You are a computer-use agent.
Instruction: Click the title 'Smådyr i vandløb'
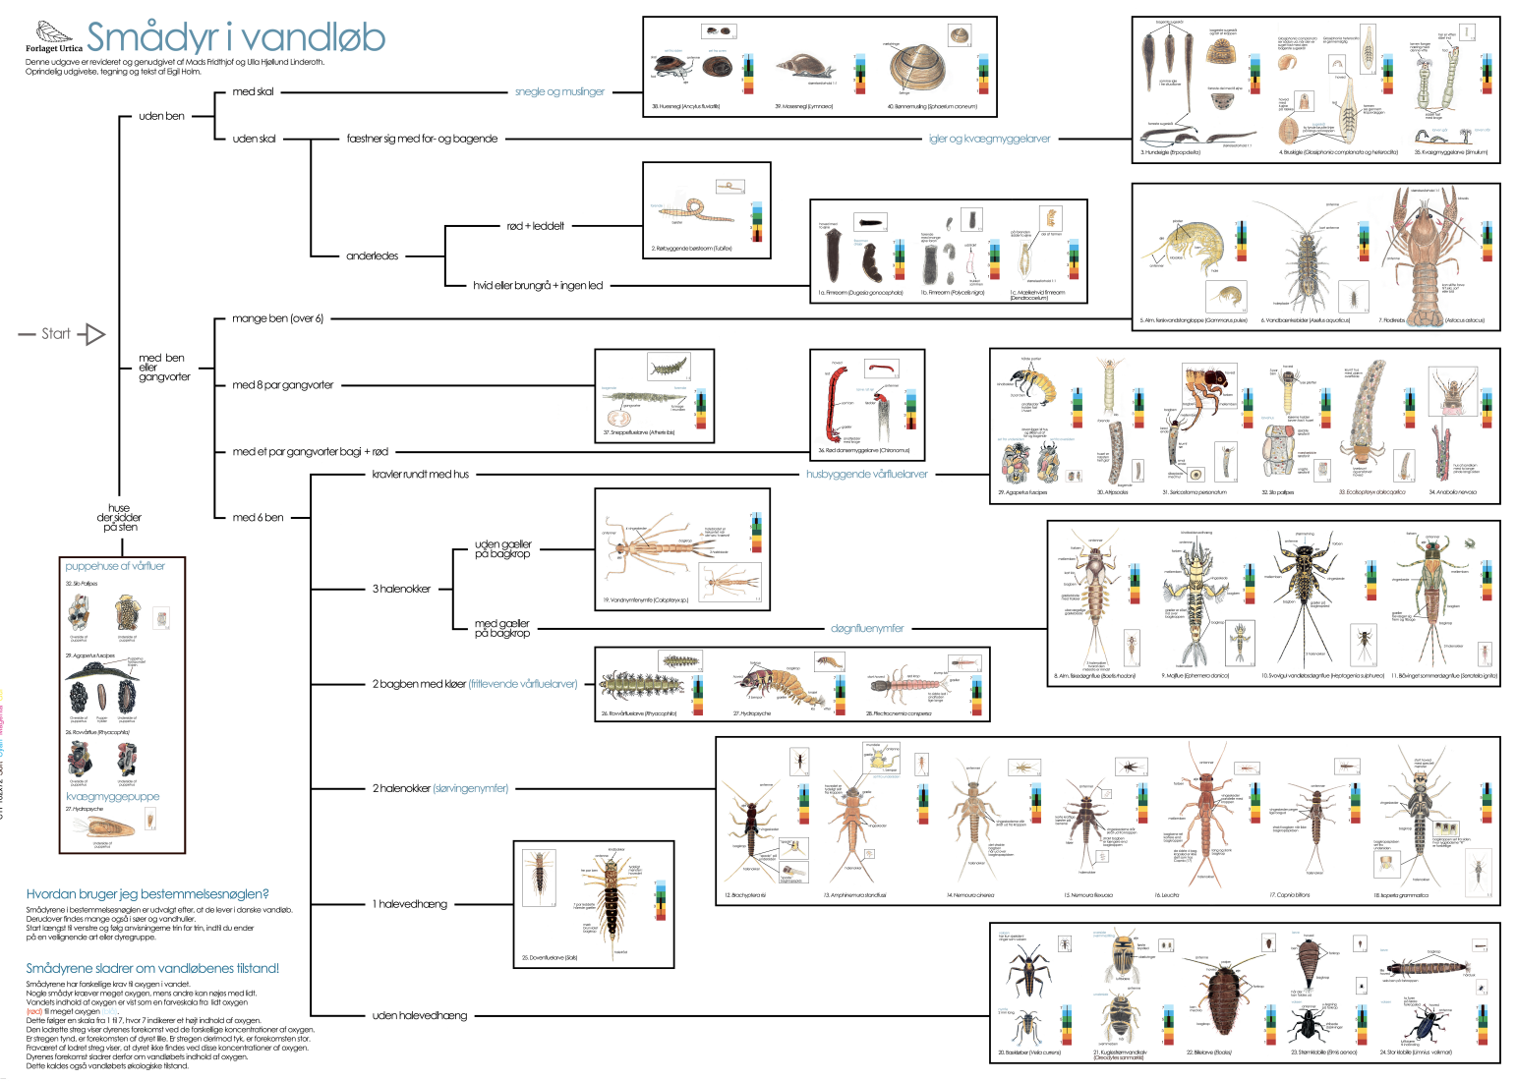pos(236,37)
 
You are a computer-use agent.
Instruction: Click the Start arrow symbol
pos(91,334)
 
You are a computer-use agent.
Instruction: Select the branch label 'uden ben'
pos(161,116)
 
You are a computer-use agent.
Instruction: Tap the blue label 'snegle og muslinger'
pos(559,91)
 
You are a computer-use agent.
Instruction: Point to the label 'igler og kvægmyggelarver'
pos(989,139)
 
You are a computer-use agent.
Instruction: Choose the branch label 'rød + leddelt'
pos(535,226)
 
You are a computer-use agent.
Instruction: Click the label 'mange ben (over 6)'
pos(277,318)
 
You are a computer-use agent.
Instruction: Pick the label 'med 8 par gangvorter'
pos(282,385)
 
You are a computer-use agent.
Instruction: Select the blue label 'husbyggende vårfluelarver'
pos(866,474)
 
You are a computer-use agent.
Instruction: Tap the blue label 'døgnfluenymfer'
pos(866,628)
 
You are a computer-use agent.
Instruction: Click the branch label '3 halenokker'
pos(401,589)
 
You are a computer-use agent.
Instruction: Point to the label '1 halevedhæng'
pos(409,904)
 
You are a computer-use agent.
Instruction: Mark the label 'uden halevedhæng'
pos(419,1015)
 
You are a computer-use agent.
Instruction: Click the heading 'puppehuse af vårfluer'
pos(115,566)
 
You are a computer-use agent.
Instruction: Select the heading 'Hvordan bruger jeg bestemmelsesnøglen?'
pos(147,894)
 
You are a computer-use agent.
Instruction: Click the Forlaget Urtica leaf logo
pos(53,33)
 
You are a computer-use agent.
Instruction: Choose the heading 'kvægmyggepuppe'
pos(112,796)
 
